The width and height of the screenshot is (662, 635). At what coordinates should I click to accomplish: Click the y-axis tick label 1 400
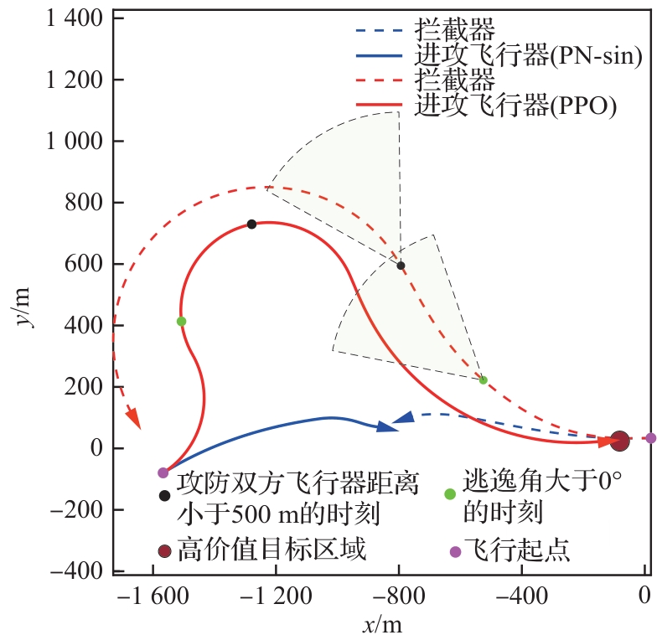[70, 18]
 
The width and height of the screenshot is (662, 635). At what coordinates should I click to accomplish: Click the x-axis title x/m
[382, 622]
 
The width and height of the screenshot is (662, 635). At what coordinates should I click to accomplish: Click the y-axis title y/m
[25, 307]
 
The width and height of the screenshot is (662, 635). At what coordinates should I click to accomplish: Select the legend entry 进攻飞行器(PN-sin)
[528, 57]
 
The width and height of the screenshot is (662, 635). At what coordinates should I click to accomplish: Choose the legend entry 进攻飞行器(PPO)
[515, 106]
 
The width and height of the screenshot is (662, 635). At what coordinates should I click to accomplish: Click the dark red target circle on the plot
[619, 440]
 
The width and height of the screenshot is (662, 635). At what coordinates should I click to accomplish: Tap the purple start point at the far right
[651, 438]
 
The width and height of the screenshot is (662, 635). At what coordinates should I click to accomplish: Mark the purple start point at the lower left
[163, 472]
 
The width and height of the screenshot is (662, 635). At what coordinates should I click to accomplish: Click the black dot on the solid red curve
[251, 224]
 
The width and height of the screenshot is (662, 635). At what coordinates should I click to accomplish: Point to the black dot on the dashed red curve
[401, 266]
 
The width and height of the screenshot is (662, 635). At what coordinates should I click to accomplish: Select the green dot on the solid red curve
[181, 321]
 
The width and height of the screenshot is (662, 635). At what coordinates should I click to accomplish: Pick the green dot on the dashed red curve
[483, 379]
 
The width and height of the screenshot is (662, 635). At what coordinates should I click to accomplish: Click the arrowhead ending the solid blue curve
[386, 426]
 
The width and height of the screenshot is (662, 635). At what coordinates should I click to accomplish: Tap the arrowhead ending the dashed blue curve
[403, 417]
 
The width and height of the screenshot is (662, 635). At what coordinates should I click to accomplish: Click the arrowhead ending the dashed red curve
[132, 417]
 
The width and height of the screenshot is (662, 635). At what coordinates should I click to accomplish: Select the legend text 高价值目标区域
[272, 550]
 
